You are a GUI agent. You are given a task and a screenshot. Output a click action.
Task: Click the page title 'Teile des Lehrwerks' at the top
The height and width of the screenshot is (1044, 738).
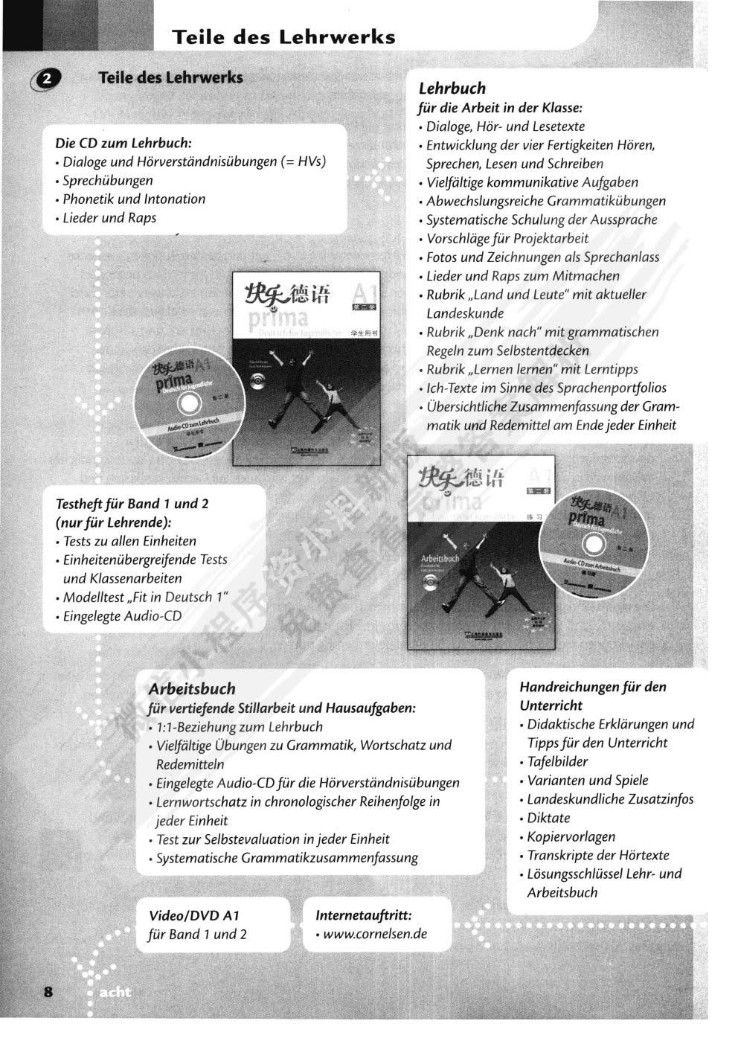[x=283, y=36]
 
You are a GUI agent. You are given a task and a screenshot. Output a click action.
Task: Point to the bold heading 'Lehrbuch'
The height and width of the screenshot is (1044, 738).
[x=452, y=88]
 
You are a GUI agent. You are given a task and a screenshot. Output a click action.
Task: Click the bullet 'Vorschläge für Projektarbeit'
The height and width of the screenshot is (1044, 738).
[x=507, y=238]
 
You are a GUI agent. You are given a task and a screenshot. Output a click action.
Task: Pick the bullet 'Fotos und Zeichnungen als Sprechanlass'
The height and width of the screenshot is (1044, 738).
[x=542, y=257]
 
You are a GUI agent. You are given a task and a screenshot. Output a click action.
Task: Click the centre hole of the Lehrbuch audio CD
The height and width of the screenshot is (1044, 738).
[x=190, y=403]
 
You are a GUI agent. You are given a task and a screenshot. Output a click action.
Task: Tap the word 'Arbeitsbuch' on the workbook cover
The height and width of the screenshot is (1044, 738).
[x=440, y=557]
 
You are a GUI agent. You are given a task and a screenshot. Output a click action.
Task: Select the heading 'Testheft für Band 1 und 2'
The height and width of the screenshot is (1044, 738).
[x=132, y=503]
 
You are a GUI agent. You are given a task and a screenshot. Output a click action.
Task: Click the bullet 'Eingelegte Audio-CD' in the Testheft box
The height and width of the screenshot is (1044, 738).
[x=122, y=616]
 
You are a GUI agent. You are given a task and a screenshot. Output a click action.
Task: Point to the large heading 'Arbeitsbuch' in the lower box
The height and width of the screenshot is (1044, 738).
[x=191, y=688]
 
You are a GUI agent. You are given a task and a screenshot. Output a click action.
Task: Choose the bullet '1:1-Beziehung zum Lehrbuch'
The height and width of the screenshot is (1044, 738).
[x=240, y=726]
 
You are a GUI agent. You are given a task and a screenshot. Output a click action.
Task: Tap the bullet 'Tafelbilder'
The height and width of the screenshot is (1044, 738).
[x=557, y=761]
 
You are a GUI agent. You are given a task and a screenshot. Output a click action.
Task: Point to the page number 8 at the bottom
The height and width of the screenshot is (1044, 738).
[x=48, y=991]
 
